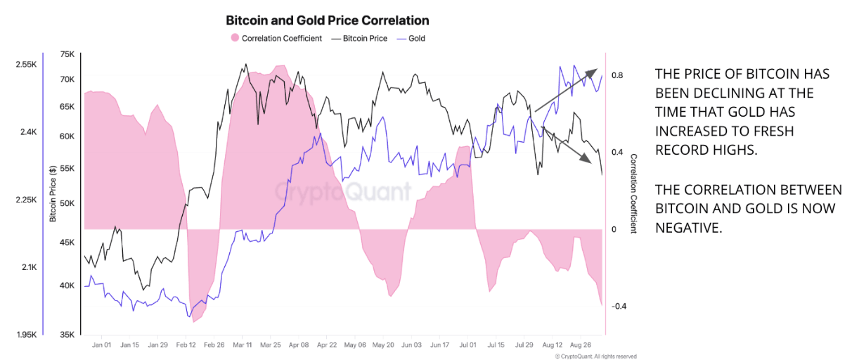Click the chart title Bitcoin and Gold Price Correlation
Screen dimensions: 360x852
click(327, 20)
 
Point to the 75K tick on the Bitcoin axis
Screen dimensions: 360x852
click(67, 54)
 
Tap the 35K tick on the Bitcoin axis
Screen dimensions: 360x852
click(67, 335)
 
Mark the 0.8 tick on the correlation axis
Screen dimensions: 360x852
click(618, 75)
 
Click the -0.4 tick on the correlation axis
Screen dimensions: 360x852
click(619, 307)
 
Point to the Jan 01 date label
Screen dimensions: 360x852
click(101, 345)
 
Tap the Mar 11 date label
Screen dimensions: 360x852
click(243, 345)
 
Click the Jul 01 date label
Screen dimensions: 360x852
click(467, 345)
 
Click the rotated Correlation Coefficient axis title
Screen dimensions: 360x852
click(633, 193)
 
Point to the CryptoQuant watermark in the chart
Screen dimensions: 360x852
click(342, 191)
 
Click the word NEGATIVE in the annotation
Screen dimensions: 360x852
click(685, 227)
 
